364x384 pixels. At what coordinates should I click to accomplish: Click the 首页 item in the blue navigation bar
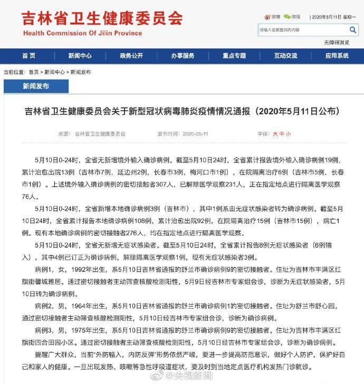pos(29,56)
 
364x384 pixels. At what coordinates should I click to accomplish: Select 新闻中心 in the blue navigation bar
pos(80,56)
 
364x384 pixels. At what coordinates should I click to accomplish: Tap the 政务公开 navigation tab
pos(131,56)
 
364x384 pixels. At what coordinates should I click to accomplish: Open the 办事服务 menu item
pos(183,56)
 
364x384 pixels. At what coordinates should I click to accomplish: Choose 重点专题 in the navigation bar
pos(234,56)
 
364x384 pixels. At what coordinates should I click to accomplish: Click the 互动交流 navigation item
pos(285,56)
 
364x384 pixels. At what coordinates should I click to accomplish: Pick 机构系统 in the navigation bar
pos(337,56)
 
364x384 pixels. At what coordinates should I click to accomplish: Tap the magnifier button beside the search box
pos(353,30)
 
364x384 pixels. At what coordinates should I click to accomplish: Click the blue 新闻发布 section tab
pos(35,85)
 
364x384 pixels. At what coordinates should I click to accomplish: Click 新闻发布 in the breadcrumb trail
pos(80,72)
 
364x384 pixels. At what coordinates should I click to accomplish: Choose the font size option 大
pos(275,134)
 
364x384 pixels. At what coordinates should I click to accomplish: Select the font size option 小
pos(288,134)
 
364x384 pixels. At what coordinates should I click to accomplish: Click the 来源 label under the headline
pos(63,134)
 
